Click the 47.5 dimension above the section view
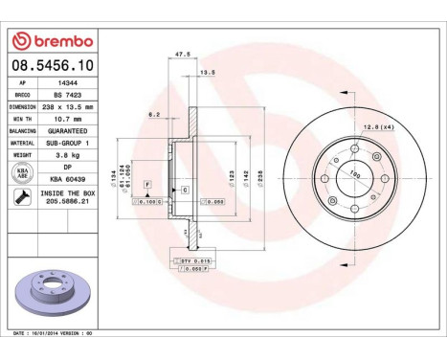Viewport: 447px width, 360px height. (x=182, y=55)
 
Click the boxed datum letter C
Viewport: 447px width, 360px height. (x=185, y=191)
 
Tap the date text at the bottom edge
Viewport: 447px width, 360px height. (x=57, y=333)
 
